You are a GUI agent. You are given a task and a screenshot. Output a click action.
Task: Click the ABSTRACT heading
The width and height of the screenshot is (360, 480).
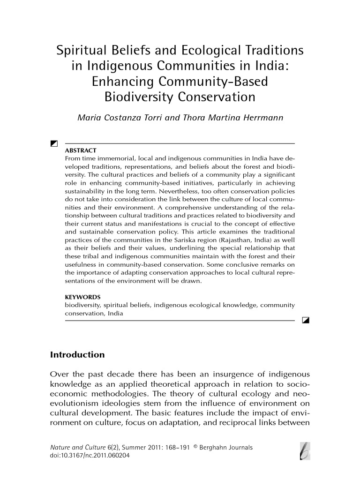[80, 150]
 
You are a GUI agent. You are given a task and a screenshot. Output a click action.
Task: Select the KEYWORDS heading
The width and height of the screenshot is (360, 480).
[82, 297]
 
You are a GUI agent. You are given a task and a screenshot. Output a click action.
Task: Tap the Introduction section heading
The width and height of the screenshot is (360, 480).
[77, 355]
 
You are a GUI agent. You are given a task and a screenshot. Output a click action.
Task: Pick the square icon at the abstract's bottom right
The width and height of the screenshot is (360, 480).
[306, 321]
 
